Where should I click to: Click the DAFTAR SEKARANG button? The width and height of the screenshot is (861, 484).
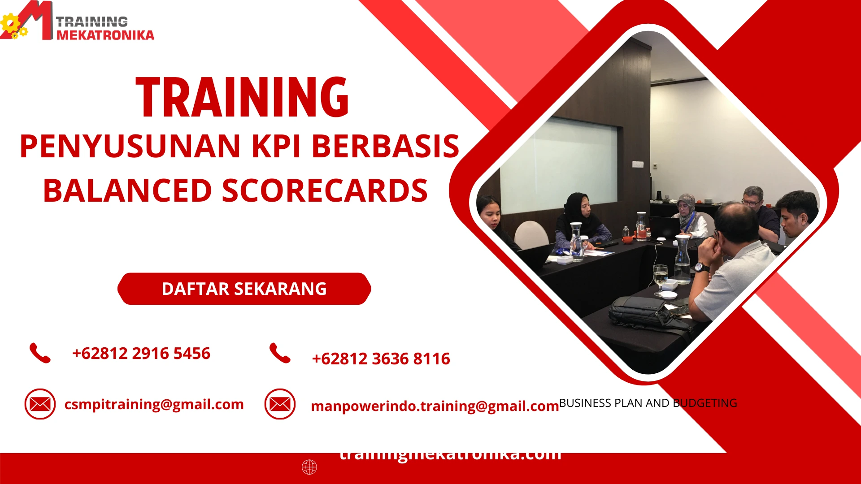[244, 289]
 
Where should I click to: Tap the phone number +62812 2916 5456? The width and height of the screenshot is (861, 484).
[141, 354]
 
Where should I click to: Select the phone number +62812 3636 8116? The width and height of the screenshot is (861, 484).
[381, 359]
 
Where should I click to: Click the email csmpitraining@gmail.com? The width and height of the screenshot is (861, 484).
[154, 404]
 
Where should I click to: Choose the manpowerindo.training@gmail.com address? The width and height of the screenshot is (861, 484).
[435, 406]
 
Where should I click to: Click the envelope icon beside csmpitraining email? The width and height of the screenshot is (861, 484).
[40, 404]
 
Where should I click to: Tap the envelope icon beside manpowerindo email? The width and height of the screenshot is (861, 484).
[280, 404]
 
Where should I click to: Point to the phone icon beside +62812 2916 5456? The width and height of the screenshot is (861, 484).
[40, 353]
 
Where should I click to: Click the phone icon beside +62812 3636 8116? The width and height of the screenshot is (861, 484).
[280, 353]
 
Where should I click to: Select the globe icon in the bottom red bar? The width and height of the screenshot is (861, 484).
[309, 467]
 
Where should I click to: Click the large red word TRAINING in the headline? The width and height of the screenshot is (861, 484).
[242, 98]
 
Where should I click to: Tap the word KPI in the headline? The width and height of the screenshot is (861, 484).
[276, 147]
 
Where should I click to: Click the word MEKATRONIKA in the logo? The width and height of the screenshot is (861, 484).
[105, 35]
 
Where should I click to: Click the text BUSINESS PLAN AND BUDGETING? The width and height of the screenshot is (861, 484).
[648, 403]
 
